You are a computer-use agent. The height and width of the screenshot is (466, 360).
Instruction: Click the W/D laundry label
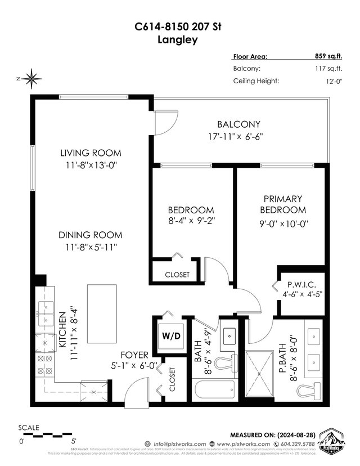point(172,337)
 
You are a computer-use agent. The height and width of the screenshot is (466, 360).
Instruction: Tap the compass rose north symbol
point(32,78)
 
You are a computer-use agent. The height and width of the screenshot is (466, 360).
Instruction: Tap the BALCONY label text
point(238,124)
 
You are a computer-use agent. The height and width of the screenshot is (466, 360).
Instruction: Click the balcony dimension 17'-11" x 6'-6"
point(238,136)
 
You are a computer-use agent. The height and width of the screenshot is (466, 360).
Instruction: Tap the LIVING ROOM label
point(91,153)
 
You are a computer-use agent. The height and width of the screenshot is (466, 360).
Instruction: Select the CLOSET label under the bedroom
point(177,275)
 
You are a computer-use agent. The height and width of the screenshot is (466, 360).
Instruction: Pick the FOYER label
point(134,355)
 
